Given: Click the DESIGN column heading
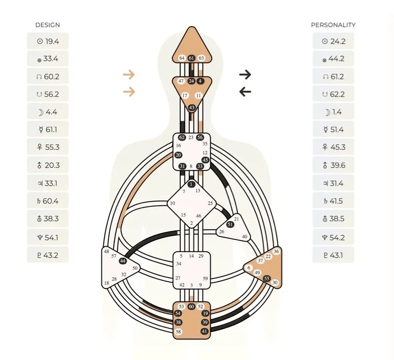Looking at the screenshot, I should tap(47, 25).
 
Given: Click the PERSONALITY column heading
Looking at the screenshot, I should tap(333, 25).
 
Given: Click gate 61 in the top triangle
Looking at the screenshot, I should tap(191, 58).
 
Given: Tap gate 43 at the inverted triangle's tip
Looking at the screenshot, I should tap(192, 108).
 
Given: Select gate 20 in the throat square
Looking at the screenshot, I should tap(178, 155).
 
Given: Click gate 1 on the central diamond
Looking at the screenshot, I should tap(191, 185).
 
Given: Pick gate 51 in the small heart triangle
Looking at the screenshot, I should tap(230, 225).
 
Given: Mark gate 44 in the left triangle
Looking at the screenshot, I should tap(123, 261).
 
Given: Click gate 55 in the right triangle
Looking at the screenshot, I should tap(266, 279).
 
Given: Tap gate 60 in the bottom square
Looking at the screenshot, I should tap(191, 307).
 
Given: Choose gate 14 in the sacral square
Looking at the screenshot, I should tap(191, 256).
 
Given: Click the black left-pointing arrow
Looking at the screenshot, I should tap(245, 92).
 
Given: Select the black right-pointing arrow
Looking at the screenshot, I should tap(245, 74).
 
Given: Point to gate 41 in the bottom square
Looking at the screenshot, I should tap(205, 331).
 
